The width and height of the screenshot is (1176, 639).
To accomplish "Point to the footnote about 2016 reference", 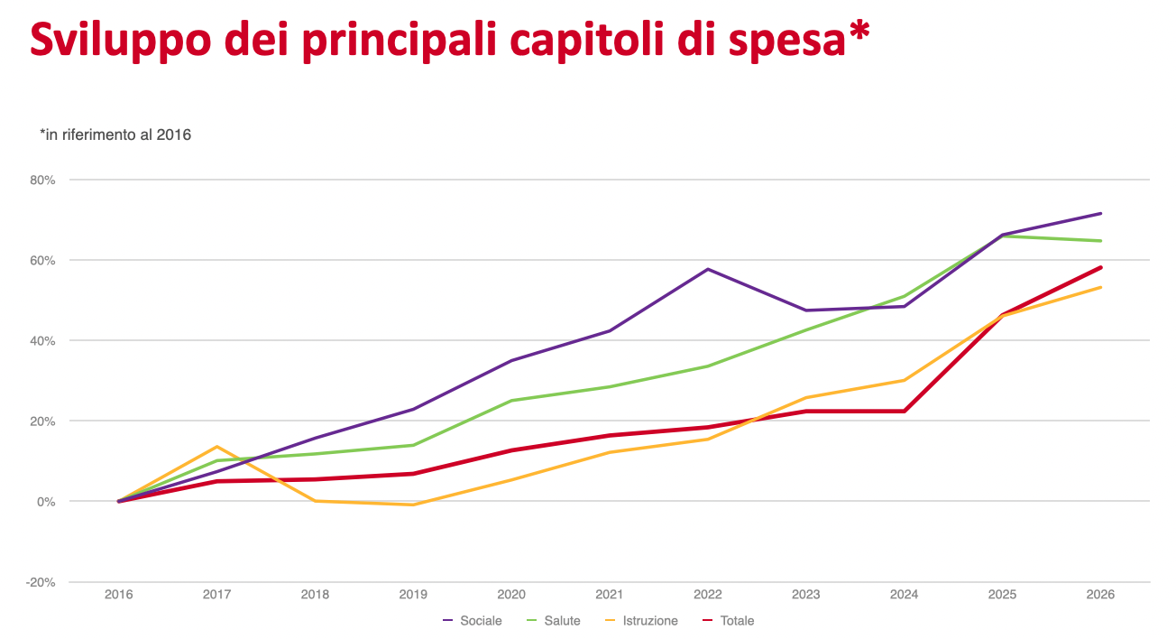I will click(x=115, y=134).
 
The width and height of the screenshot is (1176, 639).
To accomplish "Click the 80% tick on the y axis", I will click(x=42, y=180).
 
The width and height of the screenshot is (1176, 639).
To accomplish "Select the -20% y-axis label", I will click(x=41, y=582).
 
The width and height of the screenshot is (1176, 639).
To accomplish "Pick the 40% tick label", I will click(x=42, y=340).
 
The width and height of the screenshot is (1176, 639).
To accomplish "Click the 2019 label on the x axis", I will click(x=413, y=595).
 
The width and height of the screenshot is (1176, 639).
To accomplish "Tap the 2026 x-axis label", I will click(x=1100, y=595).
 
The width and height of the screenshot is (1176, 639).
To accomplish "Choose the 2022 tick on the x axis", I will click(x=708, y=595).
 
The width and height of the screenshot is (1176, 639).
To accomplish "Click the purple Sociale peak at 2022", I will click(x=708, y=269).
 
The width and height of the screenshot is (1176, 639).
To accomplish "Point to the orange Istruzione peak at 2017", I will click(x=217, y=447).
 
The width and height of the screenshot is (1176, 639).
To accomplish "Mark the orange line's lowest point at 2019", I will click(x=413, y=505).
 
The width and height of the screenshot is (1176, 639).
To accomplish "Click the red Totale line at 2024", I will click(x=904, y=411).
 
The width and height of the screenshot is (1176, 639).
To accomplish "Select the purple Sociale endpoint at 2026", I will click(x=1100, y=214).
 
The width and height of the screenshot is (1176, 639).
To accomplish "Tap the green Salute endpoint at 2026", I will click(x=1100, y=241).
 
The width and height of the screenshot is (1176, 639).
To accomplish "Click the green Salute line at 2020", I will click(x=511, y=401).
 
